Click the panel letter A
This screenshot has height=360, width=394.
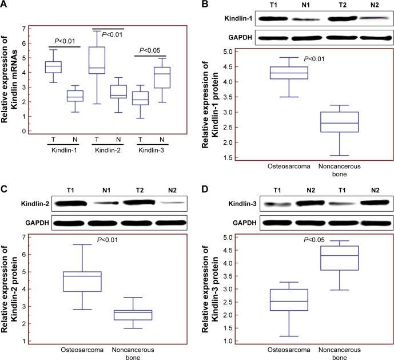point(5,5)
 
